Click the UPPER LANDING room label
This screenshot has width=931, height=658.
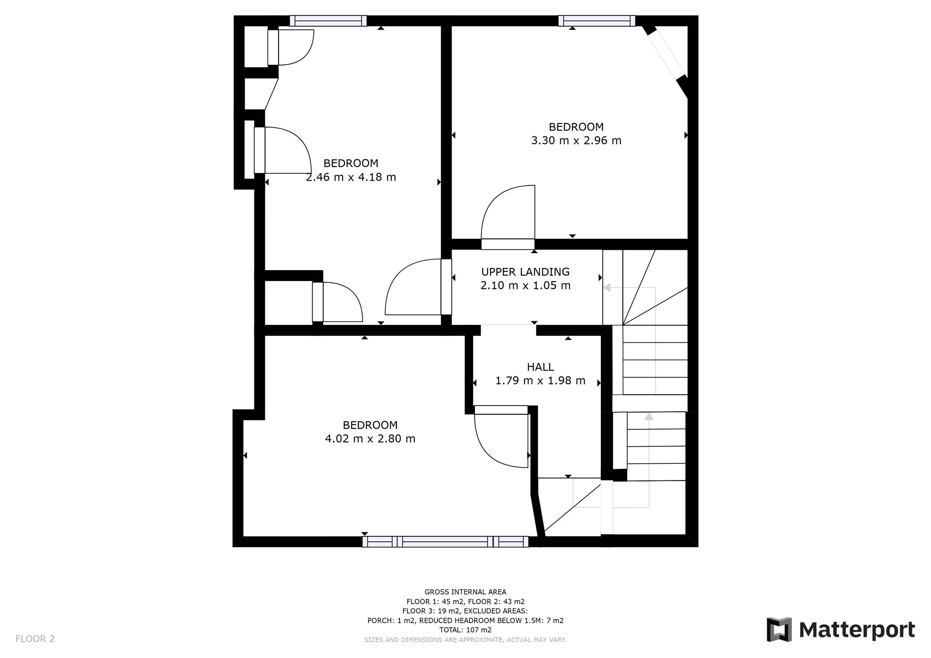(x=525, y=272)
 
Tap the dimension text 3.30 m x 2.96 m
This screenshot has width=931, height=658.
(x=576, y=141)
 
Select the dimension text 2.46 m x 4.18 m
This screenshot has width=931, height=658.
(x=351, y=177)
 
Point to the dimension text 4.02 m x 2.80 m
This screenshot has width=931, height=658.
(x=370, y=439)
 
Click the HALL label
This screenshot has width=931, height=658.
(x=540, y=367)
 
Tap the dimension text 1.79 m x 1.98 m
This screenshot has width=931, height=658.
(x=540, y=381)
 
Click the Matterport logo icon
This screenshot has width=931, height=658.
(x=779, y=630)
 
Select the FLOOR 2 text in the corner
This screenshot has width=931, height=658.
(x=35, y=639)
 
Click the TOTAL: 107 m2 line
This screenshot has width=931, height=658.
(x=465, y=630)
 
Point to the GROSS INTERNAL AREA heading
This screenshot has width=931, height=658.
(x=465, y=592)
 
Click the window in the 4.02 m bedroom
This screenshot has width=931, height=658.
(x=445, y=542)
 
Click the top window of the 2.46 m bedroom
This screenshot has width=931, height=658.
(x=328, y=21)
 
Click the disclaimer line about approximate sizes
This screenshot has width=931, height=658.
(x=465, y=640)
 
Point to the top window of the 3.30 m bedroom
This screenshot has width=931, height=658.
(x=597, y=21)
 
